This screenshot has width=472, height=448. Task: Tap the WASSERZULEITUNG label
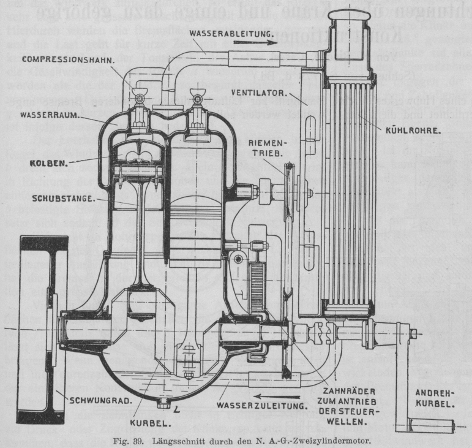(x=262, y=406)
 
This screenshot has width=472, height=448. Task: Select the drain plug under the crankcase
(x=163, y=403)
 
